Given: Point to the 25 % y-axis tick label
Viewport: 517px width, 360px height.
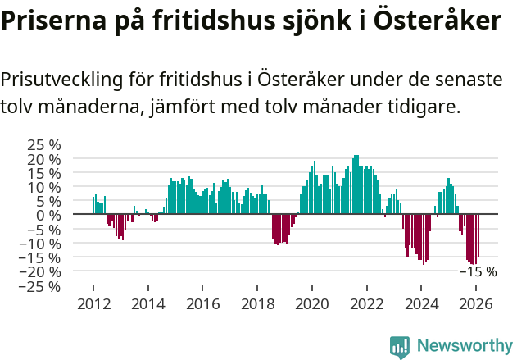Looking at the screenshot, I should (45, 144).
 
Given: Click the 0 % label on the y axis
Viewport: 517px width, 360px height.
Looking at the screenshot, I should (50, 215).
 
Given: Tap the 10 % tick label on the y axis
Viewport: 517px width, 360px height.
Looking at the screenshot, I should (45, 186).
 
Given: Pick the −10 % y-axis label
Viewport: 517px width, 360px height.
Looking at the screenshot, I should (41, 244).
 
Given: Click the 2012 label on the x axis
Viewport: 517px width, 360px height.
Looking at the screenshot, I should (93, 303).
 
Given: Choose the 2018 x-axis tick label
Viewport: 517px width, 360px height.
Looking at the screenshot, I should (257, 303).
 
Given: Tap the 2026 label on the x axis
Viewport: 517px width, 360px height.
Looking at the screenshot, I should (477, 303).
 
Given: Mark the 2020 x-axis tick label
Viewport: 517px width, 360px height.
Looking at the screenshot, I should (312, 303).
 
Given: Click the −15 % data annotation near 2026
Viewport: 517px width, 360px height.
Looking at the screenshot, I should (478, 271).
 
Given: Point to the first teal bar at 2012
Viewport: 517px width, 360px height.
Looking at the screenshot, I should (93, 206).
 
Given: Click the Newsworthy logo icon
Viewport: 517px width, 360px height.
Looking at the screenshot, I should (400, 346).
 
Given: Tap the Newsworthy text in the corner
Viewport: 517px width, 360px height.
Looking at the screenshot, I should (464, 346).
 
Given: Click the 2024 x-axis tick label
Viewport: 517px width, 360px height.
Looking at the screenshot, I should (422, 303).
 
